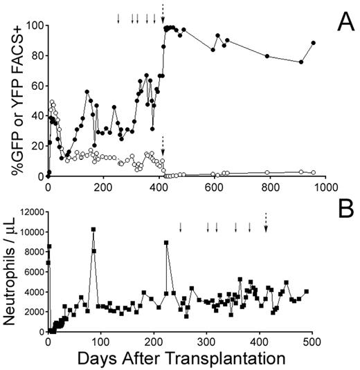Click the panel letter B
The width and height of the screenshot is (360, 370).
pos(341,207)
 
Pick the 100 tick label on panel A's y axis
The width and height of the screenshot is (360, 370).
pos(33,26)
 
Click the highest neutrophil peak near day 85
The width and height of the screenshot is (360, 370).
pos(93,229)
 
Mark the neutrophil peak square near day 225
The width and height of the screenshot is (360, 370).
pos(166,242)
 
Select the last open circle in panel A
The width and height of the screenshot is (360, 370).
pos(314,172)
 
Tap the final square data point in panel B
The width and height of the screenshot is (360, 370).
pos(307,291)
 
